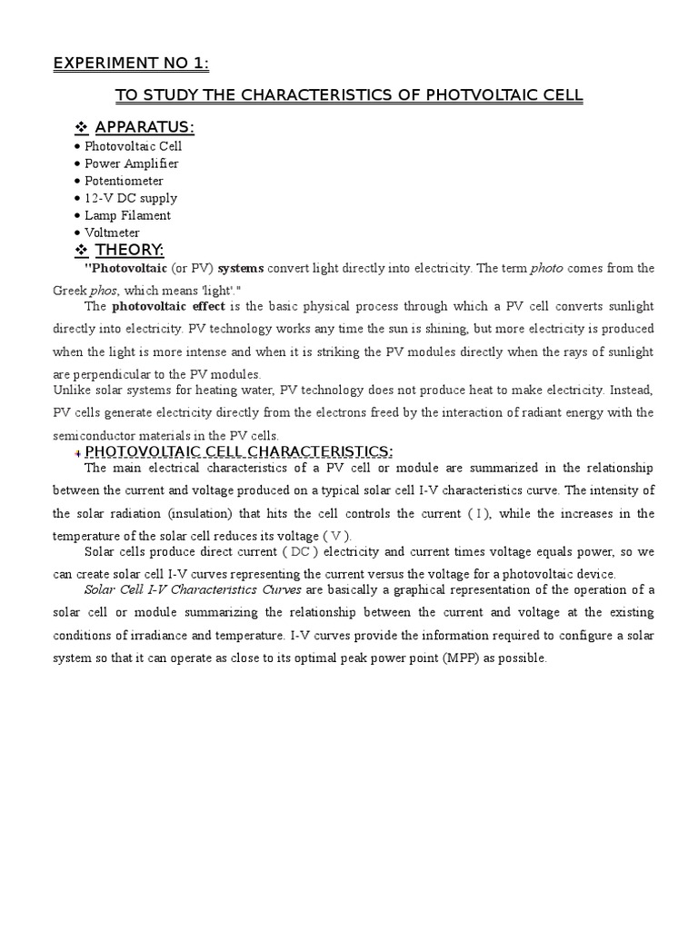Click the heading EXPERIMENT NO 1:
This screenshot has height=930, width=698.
click(x=131, y=64)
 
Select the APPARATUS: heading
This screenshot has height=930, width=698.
click(x=145, y=126)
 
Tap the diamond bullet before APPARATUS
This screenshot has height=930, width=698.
click(x=81, y=126)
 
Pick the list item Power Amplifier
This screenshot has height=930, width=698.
click(x=131, y=163)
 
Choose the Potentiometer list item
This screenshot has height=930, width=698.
click(x=124, y=181)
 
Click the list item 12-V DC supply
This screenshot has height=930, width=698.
click(x=131, y=198)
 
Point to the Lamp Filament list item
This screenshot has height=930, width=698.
click(x=127, y=215)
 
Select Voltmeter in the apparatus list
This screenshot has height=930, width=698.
click(x=112, y=232)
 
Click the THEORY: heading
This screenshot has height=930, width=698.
click(x=129, y=250)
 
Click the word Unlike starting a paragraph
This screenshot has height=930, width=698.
click(x=68, y=391)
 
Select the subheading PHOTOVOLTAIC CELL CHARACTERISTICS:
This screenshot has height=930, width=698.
click(x=239, y=452)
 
